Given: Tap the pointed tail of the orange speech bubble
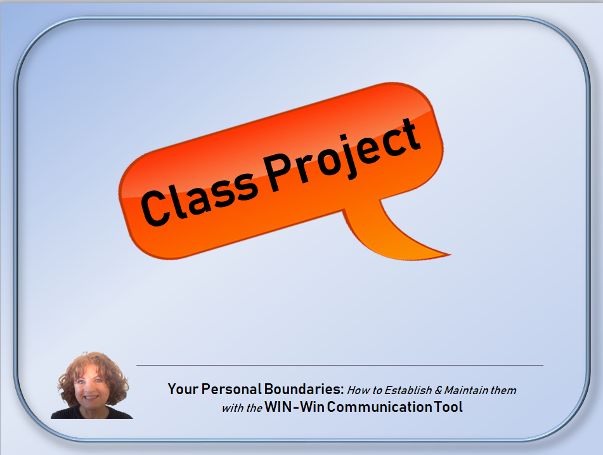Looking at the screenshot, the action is pyautogui.click(x=448, y=254).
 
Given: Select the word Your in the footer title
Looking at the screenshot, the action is pyautogui.click(x=183, y=389).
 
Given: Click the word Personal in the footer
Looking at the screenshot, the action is pyautogui.click(x=231, y=389).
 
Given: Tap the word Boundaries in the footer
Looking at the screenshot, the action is pyautogui.click(x=304, y=389).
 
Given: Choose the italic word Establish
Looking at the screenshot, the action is pyautogui.click(x=408, y=390).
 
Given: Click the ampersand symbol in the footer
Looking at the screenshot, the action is pyautogui.click(x=438, y=390).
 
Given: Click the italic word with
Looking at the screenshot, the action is pyautogui.click(x=231, y=408).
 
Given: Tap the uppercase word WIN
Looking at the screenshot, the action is pyautogui.click(x=278, y=407).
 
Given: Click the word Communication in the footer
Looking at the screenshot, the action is pyautogui.click(x=379, y=407).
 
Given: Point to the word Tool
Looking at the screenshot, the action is pyautogui.click(x=448, y=407).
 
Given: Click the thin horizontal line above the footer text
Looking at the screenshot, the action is pyautogui.click(x=340, y=365).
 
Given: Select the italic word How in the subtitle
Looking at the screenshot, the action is pyautogui.click(x=358, y=390).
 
